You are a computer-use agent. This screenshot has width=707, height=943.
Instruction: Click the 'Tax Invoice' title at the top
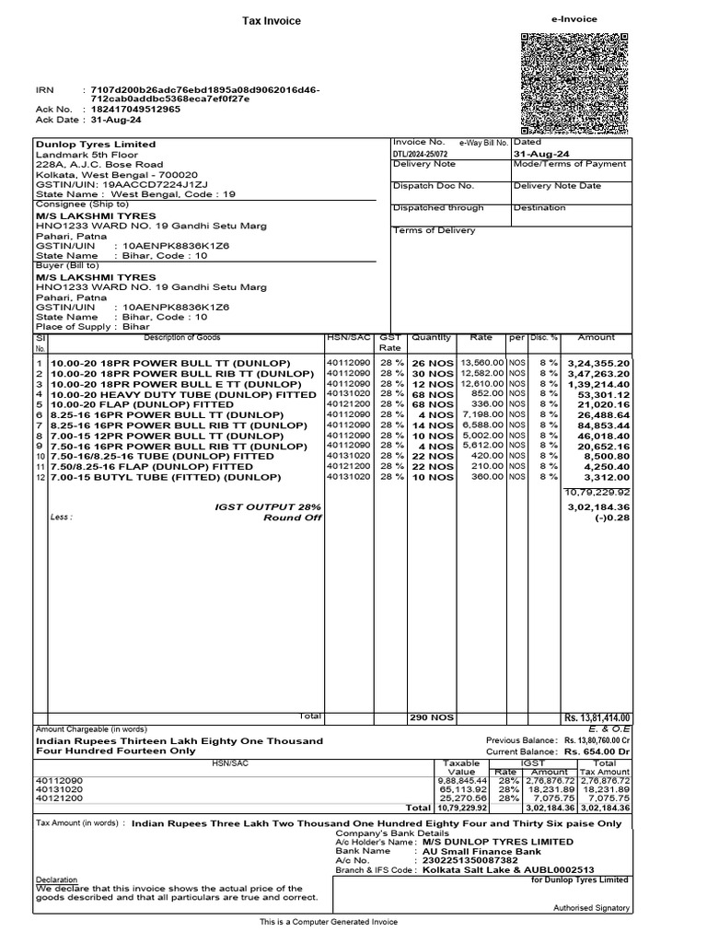271,21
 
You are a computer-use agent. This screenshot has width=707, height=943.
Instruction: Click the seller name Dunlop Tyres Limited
96,145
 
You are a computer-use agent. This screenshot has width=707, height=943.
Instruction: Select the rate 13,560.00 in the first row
481,363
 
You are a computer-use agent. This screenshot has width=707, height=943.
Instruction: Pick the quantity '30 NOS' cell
432,375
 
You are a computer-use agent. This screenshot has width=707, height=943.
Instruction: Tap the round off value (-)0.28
612,518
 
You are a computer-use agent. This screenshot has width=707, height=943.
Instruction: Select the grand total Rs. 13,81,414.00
597,718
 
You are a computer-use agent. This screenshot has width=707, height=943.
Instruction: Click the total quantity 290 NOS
432,718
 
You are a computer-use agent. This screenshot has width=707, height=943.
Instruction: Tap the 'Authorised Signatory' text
591,908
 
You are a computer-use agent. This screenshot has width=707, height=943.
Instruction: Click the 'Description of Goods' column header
182,338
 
